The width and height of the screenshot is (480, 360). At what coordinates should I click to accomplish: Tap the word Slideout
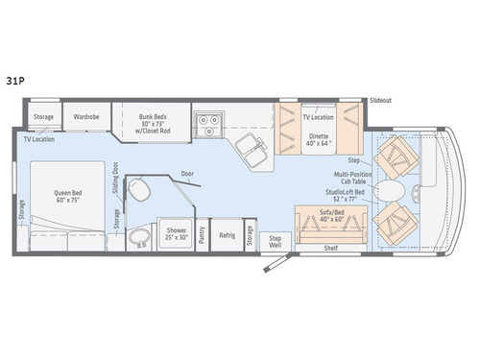pos(381,100)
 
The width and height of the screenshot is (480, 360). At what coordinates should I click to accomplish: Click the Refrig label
pos(227,234)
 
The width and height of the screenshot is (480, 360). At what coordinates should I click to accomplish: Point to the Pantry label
pos(203,235)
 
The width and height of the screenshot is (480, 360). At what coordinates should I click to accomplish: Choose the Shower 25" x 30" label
pos(176,234)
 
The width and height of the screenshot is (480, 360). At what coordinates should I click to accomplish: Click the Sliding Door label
pos(114,178)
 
